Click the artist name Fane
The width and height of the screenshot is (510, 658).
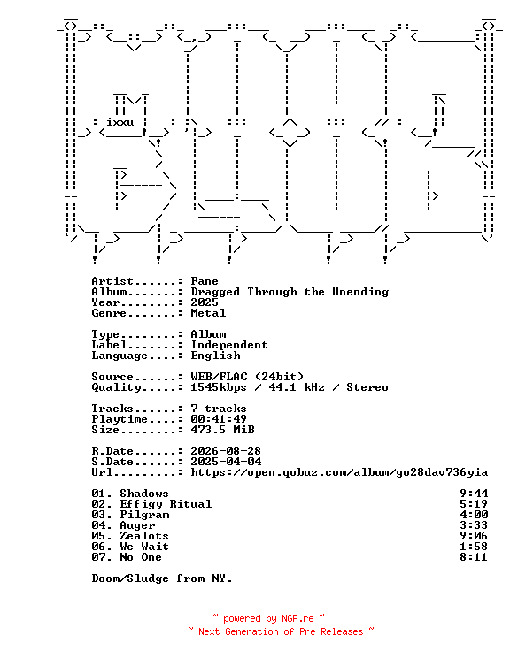205,281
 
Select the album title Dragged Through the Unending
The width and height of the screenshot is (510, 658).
290,292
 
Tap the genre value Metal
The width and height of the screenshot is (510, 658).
208,313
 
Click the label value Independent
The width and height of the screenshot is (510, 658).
229,345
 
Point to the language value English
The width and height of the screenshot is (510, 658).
215,356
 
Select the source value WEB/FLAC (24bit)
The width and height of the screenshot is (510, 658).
247,377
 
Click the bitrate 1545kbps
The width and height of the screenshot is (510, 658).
219,387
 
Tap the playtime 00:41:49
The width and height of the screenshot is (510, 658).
219,419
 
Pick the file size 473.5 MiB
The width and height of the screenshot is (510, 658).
222,430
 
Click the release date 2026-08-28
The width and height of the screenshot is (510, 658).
226,451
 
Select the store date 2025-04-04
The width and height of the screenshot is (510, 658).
226,462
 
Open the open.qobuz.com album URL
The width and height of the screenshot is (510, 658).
339,472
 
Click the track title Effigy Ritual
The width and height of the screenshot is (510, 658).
166,504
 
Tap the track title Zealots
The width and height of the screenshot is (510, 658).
144,536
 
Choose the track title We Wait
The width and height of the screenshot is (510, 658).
144,547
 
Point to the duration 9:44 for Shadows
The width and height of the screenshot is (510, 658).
474,493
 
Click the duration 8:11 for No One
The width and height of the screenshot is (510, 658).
474,557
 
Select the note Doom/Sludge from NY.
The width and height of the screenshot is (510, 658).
162,578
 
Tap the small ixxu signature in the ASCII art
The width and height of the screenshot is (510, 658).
120,122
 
